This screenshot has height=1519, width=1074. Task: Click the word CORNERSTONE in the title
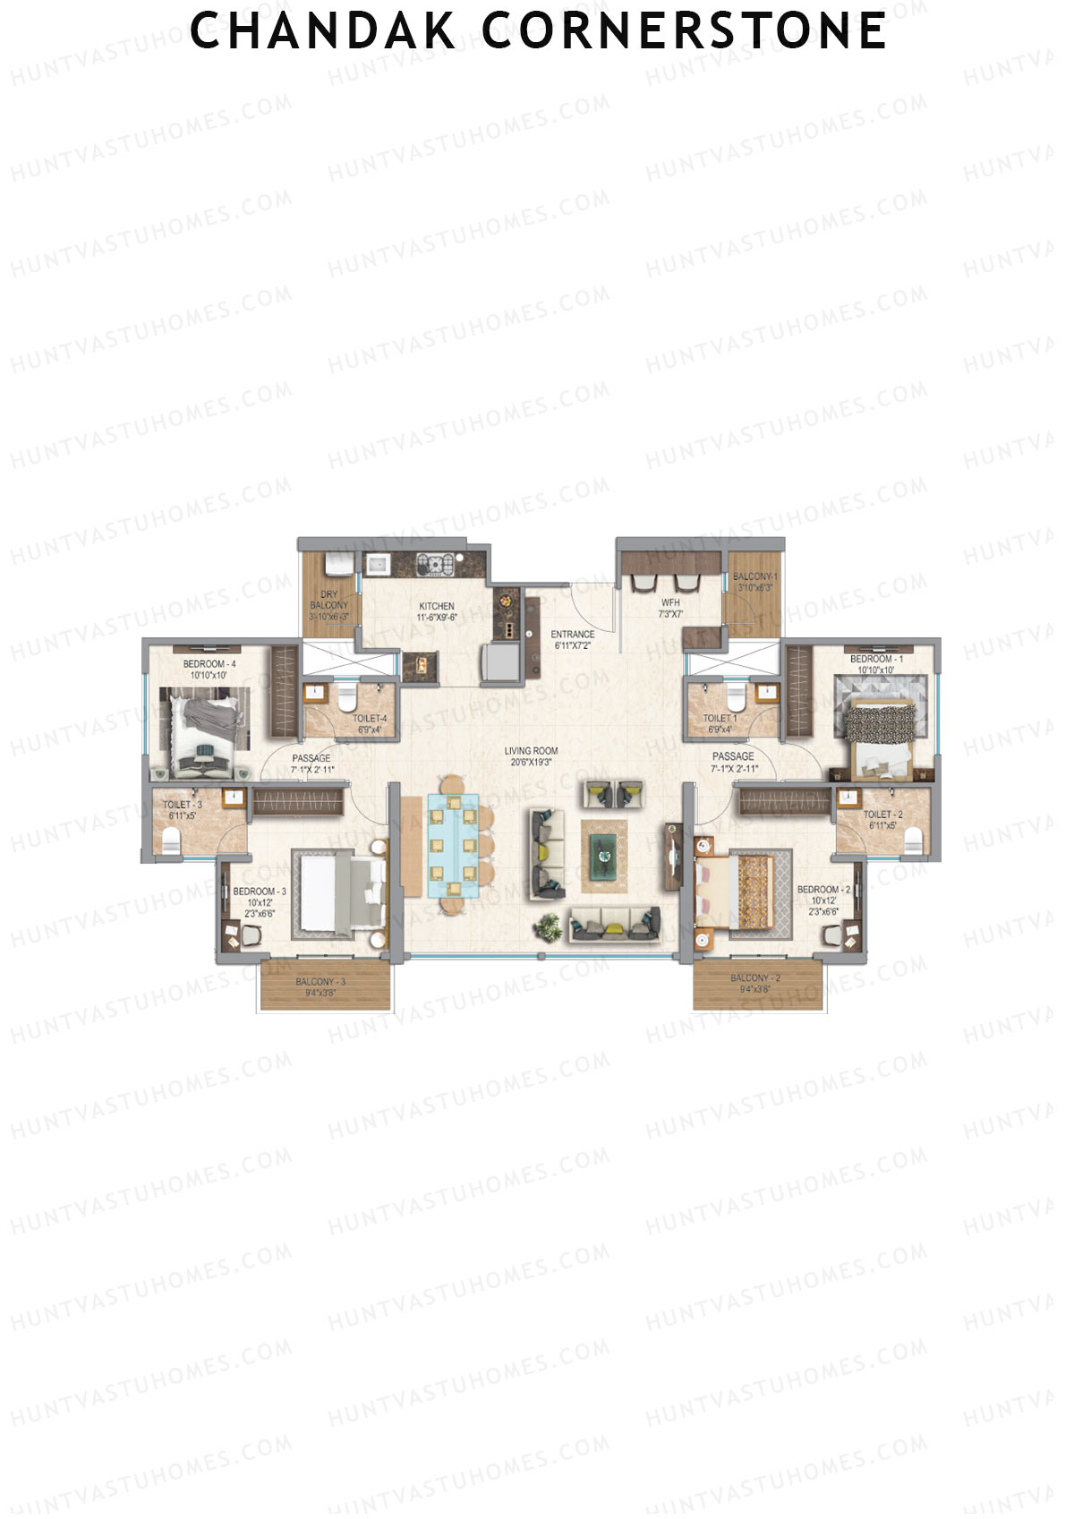pyautogui.click(x=684, y=31)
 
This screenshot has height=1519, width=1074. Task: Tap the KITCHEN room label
pyautogui.click(x=437, y=606)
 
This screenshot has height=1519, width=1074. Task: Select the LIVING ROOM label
pyautogui.click(x=531, y=751)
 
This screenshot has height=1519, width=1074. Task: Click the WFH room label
pyautogui.click(x=670, y=602)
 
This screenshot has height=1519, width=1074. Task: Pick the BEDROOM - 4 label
pyautogui.click(x=209, y=664)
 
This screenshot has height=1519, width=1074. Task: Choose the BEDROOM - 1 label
pyautogui.click(x=876, y=659)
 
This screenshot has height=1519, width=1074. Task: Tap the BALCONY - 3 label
pyautogui.click(x=320, y=982)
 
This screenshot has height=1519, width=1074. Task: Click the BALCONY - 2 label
pyautogui.click(x=755, y=978)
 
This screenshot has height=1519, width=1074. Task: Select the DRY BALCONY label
pyautogui.click(x=329, y=600)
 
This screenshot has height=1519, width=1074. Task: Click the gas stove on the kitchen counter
pyautogui.click(x=439, y=564)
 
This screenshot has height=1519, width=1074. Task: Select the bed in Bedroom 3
pyautogui.click(x=337, y=893)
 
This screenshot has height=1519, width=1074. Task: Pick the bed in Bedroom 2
pyautogui.click(x=742, y=892)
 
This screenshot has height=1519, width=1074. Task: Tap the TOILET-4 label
pyautogui.click(x=370, y=719)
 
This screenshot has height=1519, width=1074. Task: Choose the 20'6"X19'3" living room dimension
pyautogui.click(x=531, y=763)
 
